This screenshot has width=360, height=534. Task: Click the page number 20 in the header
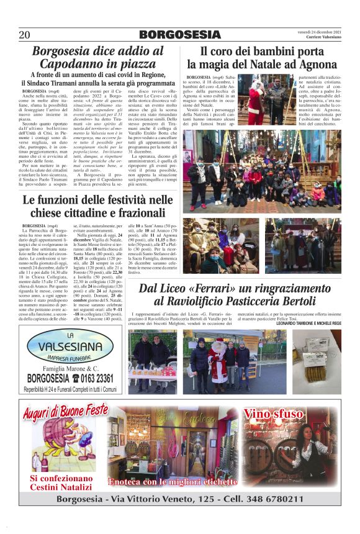click(25, 34)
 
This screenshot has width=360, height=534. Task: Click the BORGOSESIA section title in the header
click(179, 34)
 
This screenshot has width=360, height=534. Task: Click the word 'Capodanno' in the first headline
click(72, 63)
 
